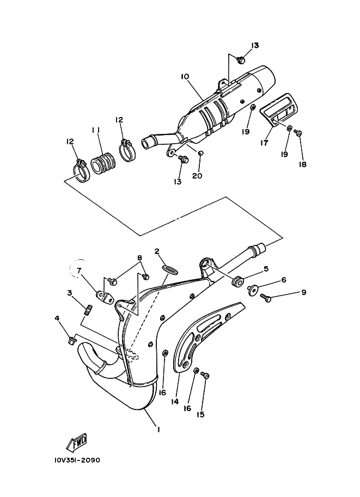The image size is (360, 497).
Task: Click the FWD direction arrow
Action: pos(76,443)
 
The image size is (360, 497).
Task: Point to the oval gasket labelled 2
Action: pos(170,271)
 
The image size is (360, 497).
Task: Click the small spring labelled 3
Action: pos(88,309)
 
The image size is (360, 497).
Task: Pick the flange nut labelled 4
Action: pos(72,341)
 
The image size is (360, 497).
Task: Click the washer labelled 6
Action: pos(252,290)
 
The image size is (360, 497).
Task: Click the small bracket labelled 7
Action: pos(104,297)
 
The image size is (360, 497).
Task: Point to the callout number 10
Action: pos(185,77)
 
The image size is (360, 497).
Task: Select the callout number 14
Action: pos(175,402)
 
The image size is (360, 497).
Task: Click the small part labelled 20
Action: pos(200,154)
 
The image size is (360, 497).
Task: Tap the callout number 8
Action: pos(139,257)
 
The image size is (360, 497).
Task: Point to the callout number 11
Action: pos(96,130)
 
